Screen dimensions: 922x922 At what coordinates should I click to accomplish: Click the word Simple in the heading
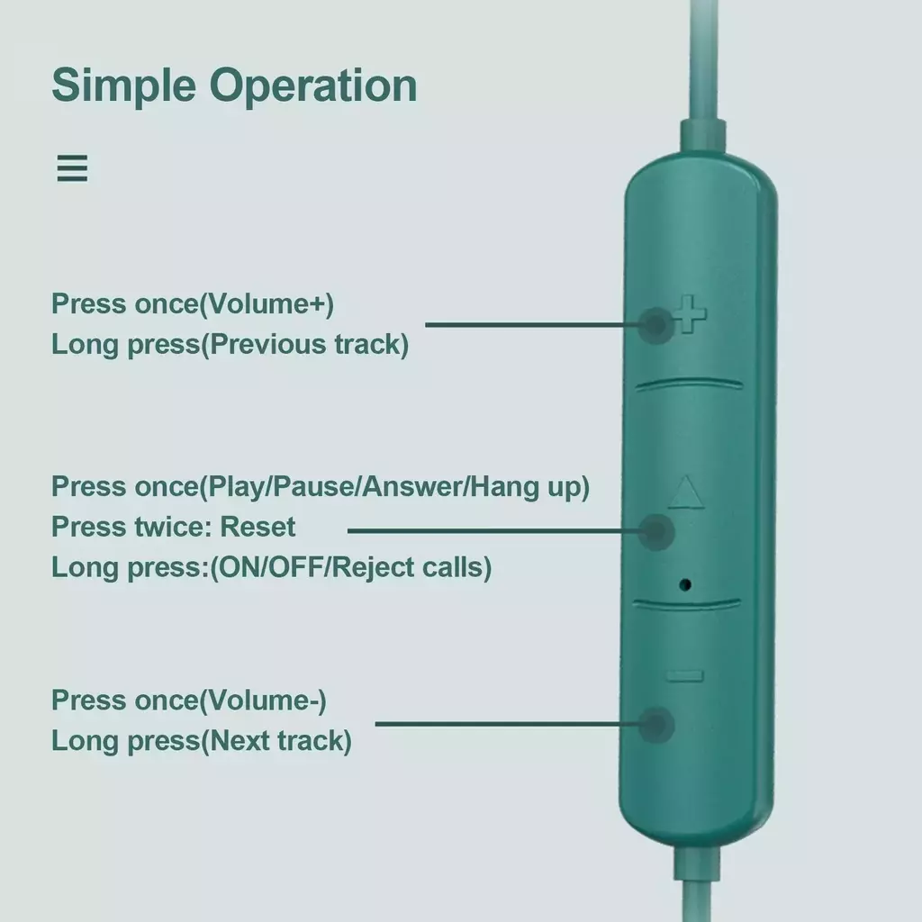(123, 86)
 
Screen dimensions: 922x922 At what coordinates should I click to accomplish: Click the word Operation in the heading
(313, 86)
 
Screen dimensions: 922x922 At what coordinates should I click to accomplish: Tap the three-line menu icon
(72, 168)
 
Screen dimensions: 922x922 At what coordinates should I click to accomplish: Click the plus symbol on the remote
(689, 314)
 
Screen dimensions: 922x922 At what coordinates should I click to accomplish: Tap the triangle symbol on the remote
(685, 493)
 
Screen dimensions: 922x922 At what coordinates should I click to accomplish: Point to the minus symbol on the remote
(685, 676)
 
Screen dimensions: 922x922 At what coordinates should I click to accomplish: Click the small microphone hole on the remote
(684, 584)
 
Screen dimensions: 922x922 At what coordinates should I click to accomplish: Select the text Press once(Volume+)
(193, 304)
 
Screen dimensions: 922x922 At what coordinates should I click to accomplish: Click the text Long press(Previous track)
(230, 345)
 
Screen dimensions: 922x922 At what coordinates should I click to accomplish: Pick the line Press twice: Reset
(174, 527)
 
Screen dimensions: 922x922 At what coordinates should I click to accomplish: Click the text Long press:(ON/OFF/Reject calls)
(272, 567)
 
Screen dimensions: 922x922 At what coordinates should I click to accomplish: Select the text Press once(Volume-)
(189, 701)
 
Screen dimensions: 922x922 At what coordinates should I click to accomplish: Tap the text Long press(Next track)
(202, 741)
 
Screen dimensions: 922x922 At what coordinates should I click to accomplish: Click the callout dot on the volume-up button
(655, 324)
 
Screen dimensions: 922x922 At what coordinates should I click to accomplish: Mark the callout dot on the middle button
(656, 531)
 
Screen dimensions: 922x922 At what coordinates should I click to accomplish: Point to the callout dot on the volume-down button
(656, 725)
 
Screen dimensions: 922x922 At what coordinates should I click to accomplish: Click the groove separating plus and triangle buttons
(689, 384)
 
